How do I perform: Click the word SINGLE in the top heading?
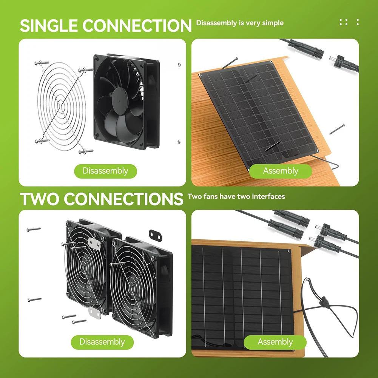(48, 26)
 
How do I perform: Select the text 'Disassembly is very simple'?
(240, 23)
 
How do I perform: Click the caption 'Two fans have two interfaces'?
(236, 196)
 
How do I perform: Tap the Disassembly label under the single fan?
(105, 171)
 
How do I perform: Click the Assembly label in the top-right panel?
(281, 171)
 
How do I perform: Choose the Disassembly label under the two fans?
(102, 342)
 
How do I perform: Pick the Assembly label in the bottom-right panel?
(275, 342)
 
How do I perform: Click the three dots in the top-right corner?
(349, 22)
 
